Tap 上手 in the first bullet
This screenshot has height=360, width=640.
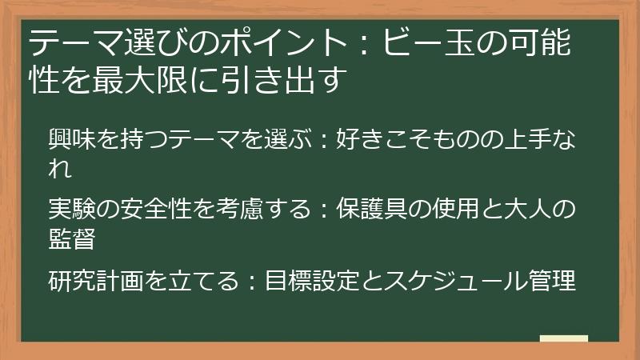coord(523,141)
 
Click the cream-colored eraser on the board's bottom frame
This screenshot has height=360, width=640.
coord(564,340)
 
